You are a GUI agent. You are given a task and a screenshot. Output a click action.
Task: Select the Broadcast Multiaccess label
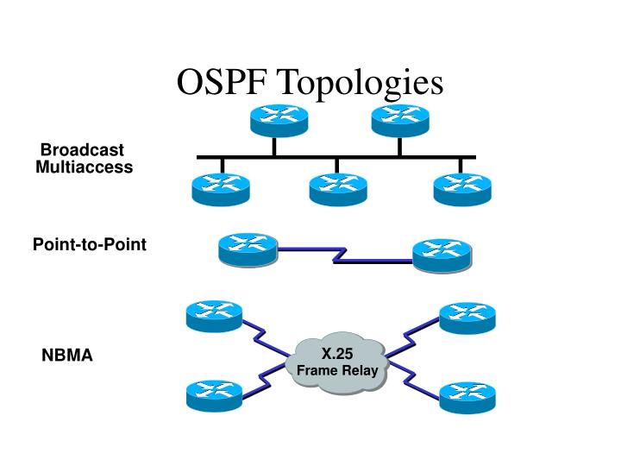pos(84,159)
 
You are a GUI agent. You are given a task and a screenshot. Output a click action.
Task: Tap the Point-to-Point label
pos(90,245)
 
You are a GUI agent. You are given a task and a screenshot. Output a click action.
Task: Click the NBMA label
pos(67,356)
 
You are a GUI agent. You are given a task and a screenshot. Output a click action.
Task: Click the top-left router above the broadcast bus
pos(274,120)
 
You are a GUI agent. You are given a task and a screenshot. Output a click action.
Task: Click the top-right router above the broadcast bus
pos(400,120)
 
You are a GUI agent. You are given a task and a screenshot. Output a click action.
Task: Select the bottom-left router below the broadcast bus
pos(221,188)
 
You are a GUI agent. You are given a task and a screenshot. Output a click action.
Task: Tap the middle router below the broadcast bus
pos(337,188)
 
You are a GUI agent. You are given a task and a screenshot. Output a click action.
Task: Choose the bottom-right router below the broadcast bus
pos(461,188)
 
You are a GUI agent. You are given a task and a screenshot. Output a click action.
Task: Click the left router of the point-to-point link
pos(248,249)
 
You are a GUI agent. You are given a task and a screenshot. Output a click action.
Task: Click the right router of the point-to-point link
pos(442,255)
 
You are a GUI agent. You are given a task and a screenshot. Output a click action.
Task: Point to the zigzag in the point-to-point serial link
pos(340,255)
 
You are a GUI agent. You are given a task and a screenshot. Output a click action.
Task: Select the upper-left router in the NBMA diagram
pos(215,317)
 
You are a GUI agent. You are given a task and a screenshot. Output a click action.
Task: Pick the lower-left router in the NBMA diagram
pos(215,394)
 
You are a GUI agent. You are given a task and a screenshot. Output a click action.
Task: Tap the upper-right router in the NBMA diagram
pos(468,318)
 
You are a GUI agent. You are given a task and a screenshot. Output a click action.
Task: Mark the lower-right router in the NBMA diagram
pos(468,396)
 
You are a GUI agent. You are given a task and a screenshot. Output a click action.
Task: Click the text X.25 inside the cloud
pos(338,354)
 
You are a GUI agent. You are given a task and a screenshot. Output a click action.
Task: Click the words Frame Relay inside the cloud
pos(338,370)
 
